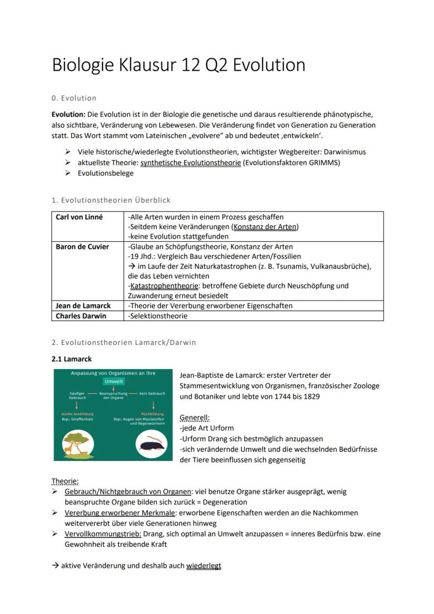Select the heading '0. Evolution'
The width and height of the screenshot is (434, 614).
(x=74, y=98)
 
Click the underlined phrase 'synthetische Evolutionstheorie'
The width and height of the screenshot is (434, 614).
(x=191, y=163)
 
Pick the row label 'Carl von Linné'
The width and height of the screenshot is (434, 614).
(x=79, y=217)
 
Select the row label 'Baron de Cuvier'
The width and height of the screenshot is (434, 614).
(x=82, y=246)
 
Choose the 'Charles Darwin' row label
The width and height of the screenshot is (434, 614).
(x=81, y=316)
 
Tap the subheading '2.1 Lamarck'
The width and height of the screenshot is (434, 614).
(x=71, y=359)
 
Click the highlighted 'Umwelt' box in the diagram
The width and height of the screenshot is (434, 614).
(x=114, y=382)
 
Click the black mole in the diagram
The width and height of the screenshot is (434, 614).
(x=152, y=446)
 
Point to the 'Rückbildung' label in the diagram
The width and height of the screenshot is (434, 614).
(x=153, y=414)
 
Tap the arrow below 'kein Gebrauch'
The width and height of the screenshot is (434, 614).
(x=153, y=404)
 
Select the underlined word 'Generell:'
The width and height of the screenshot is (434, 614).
(x=194, y=418)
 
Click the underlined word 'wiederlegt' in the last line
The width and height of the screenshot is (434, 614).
(x=203, y=566)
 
